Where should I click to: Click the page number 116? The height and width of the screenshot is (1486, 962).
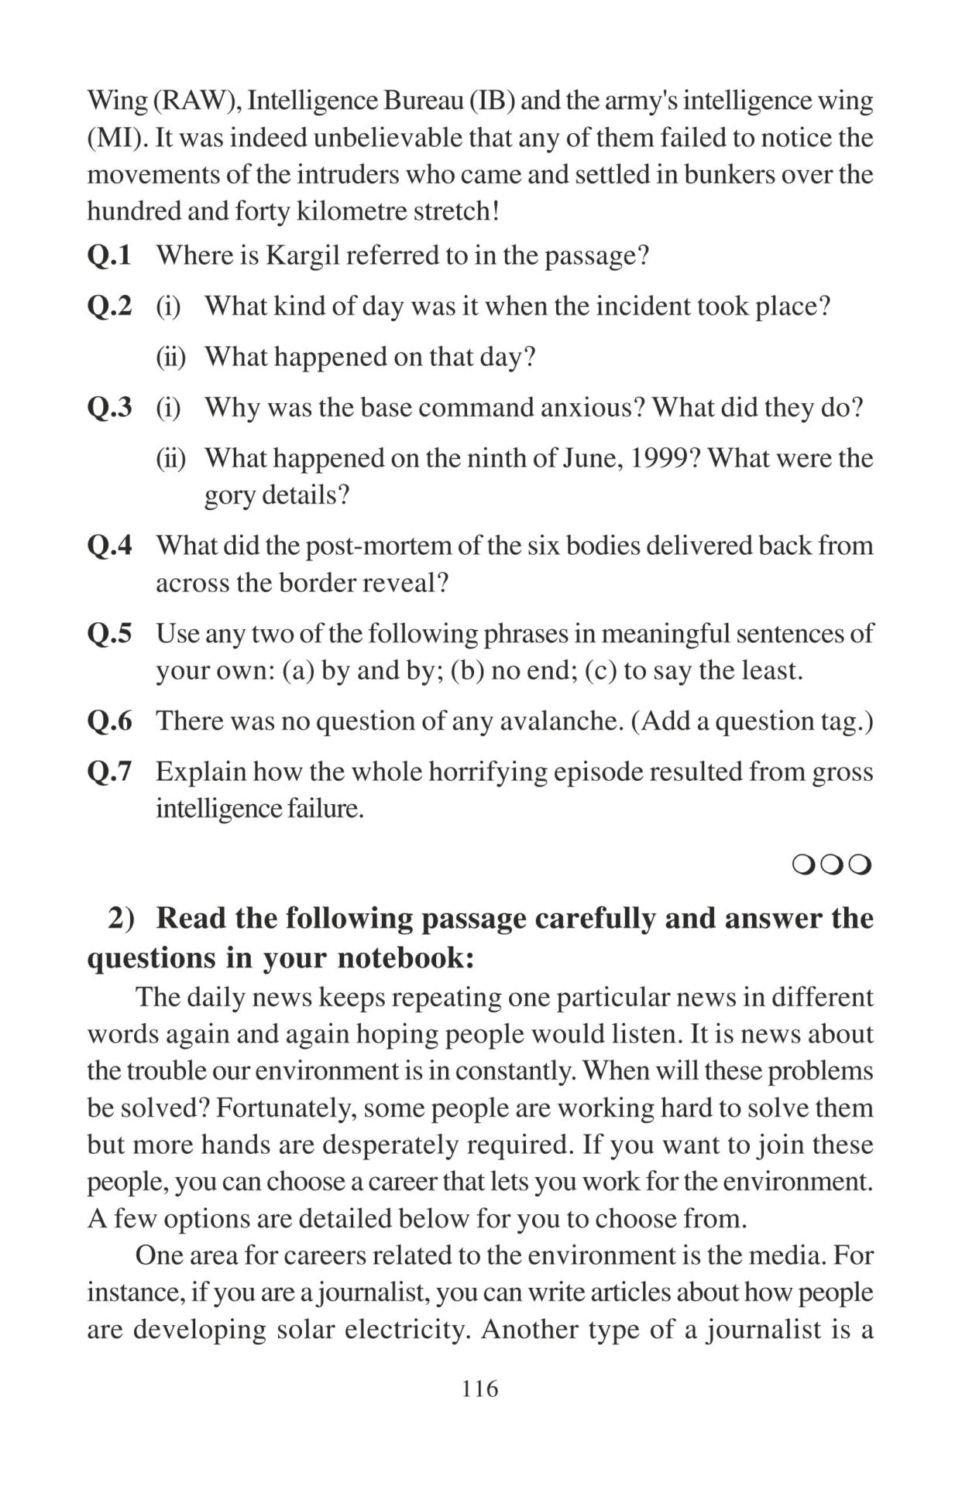click(x=480, y=1388)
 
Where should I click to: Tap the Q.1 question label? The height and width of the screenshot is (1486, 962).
click(x=109, y=255)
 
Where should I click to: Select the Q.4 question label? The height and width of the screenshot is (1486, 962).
click(x=109, y=546)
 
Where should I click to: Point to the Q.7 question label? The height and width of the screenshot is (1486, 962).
click(x=109, y=772)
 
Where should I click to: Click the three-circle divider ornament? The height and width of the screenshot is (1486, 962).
click(x=832, y=864)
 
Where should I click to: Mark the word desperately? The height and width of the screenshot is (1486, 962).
click(x=387, y=1145)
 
